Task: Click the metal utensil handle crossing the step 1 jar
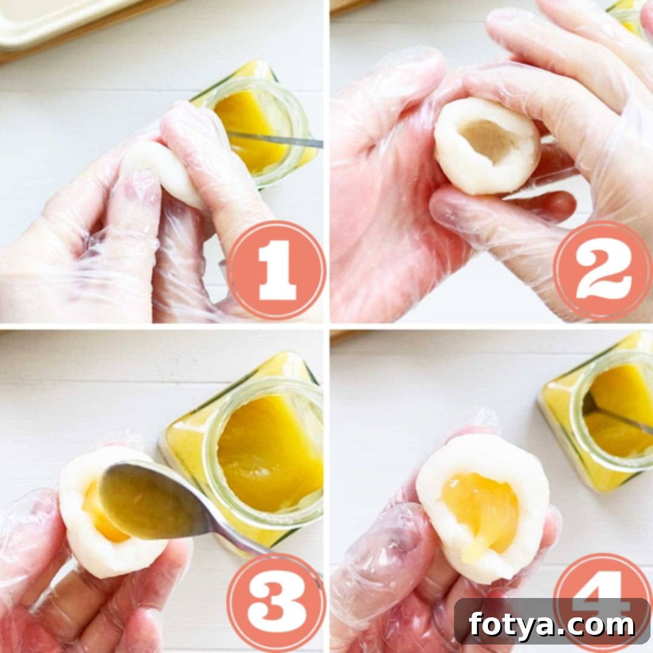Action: tap(275, 140)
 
